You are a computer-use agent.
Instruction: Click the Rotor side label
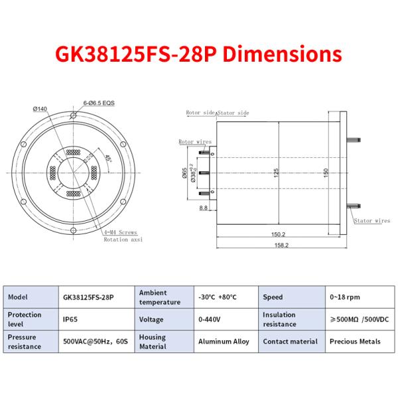[x=201, y=113]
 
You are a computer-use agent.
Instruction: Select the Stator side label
[x=233, y=113]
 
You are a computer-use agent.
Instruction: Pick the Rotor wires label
[x=194, y=142]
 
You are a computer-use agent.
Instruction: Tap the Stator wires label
[x=372, y=220]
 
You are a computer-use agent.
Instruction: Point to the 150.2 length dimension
[x=278, y=234]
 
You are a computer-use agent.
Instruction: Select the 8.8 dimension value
[x=204, y=208]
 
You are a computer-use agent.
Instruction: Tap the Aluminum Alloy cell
[x=224, y=342]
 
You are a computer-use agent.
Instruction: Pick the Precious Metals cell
[x=355, y=342]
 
